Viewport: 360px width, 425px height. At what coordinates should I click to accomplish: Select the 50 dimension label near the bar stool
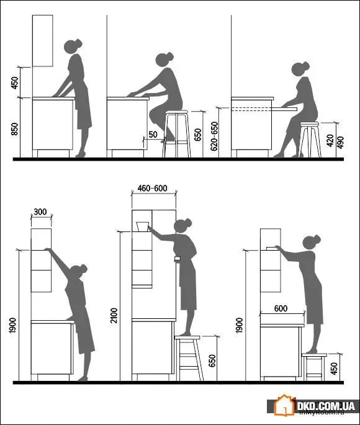click(152, 135)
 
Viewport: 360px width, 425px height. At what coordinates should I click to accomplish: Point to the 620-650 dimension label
click(214, 136)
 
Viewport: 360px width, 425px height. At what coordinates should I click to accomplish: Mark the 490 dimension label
click(340, 142)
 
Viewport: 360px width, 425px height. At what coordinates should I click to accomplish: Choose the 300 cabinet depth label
click(41, 212)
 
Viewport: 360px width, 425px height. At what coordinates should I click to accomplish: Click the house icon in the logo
click(285, 406)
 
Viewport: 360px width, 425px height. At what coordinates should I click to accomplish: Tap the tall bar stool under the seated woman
click(176, 133)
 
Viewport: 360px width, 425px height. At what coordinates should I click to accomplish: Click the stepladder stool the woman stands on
click(189, 357)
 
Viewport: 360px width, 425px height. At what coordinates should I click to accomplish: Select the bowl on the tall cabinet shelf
click(143, 226)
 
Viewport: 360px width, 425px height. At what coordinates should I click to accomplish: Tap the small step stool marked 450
click(313, 366)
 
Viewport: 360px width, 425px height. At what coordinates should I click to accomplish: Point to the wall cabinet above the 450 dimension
click(43, 40)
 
